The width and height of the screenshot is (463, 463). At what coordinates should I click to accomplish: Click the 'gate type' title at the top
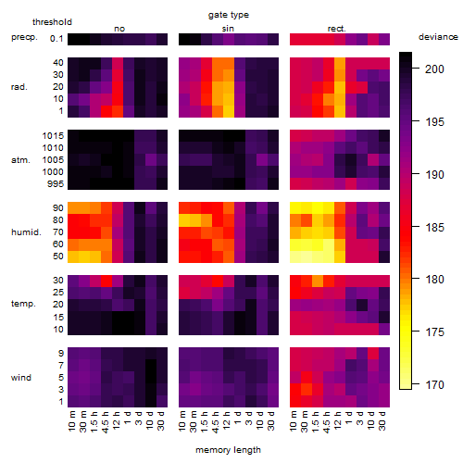coord(229,15)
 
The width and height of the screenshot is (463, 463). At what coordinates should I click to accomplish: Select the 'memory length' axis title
coord(228,450)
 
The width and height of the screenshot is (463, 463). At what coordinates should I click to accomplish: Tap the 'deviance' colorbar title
coord(438,37)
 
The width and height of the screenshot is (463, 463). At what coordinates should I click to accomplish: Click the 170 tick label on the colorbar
coord(434,384)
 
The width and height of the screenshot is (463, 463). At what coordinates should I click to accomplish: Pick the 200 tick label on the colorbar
coord(434,69)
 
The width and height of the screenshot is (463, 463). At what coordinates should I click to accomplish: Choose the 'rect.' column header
coord(337,29)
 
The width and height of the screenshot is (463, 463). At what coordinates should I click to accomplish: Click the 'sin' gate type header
coord(228,29)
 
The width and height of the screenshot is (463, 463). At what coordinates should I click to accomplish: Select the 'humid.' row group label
coord(26,232)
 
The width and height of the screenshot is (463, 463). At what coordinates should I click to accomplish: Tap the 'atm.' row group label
coord(20,160)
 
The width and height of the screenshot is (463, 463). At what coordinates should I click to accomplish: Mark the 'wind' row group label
coord(21,378)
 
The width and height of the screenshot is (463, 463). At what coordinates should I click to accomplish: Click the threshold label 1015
coord(53,136)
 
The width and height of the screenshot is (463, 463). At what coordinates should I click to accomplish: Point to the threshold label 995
coord(56,184)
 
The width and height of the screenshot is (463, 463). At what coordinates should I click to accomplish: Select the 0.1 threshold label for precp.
coord(56,39)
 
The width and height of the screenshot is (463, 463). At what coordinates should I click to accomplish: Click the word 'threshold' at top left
coord(52,22)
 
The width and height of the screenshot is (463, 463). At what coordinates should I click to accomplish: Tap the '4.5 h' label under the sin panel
coord(216,420)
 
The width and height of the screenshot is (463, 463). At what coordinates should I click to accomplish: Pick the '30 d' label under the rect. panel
coord(382,420)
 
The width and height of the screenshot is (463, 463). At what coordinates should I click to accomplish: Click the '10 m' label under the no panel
coord(71,420)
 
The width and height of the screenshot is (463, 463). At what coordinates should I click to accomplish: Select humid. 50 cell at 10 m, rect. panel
coord(295,257)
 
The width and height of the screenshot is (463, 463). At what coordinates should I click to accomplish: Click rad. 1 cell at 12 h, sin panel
coord(229,111)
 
